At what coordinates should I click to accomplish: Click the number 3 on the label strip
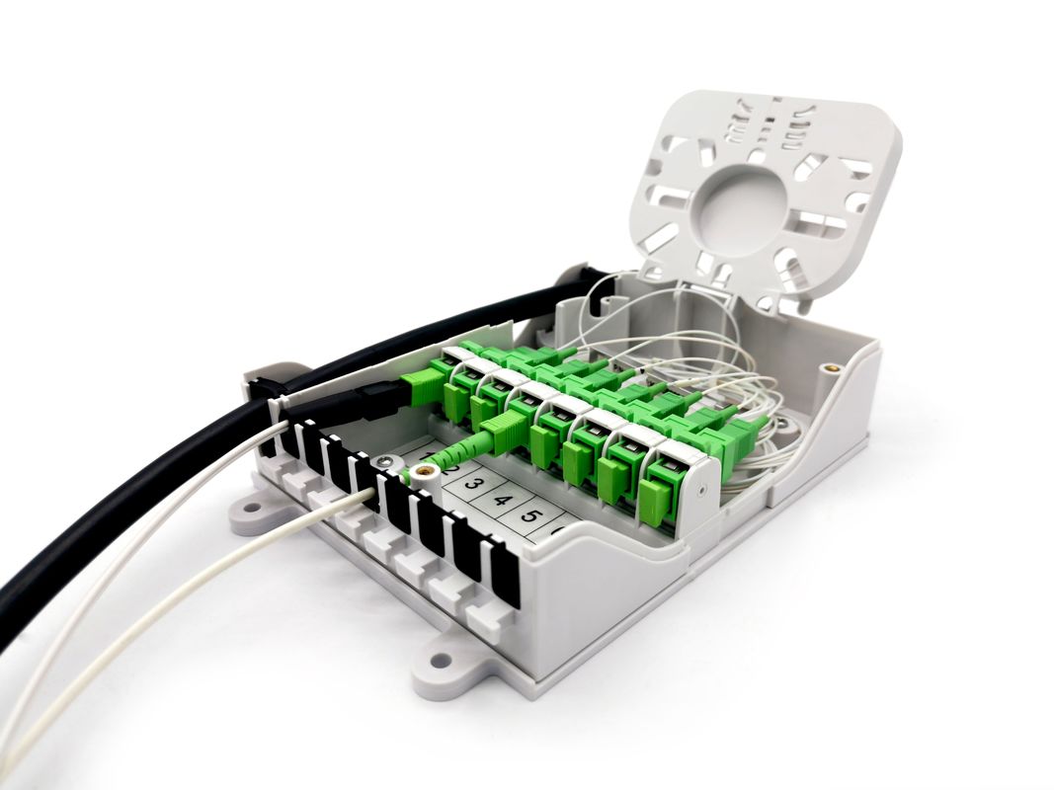[473, 484]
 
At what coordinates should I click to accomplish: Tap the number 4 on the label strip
[502, 500]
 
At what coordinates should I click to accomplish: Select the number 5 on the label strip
[531, 515]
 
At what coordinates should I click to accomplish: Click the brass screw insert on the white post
[425, 471]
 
